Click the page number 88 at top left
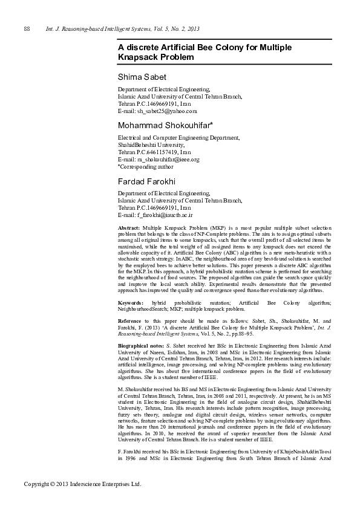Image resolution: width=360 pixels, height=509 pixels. click(x=27, y=29)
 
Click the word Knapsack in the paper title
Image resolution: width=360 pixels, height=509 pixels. click(x=136, y=57)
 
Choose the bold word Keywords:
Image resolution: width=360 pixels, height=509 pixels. click(x=131, y=301)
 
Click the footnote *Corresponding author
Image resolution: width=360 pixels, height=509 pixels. click(x=145, y=166)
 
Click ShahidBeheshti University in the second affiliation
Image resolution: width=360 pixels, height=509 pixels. click(x=151, y=145)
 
